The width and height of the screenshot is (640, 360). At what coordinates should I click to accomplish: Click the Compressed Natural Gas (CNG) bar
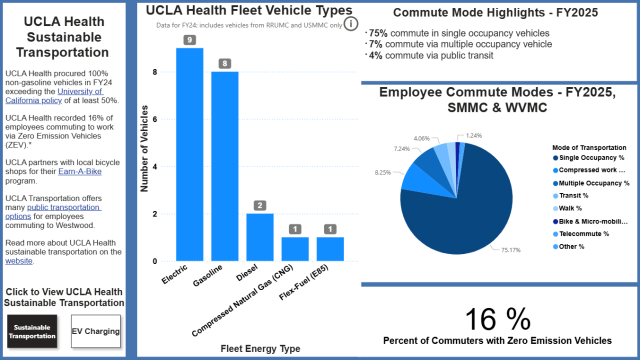click(x=294, y=249)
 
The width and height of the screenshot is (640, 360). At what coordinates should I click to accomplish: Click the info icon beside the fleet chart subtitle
click(x=351, y=24)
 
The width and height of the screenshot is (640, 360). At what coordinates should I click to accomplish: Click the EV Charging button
click(x=96, y=328)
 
